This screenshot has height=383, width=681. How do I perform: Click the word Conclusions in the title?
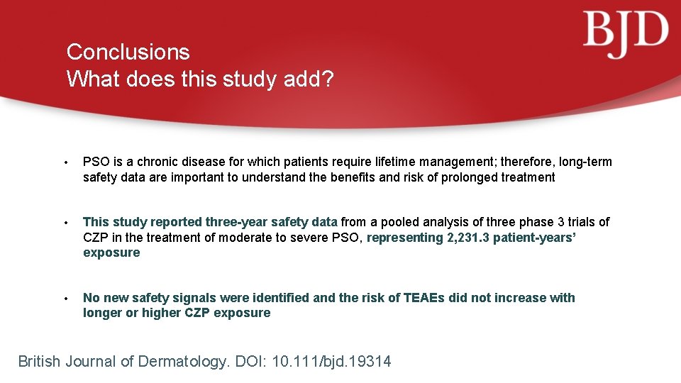pyautogui.click(x=128, y=52)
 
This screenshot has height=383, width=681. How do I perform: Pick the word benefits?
pyautogui.click(x=353, y=177)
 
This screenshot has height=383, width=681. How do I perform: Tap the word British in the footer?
pyautogui.click(x=39, y=362)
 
